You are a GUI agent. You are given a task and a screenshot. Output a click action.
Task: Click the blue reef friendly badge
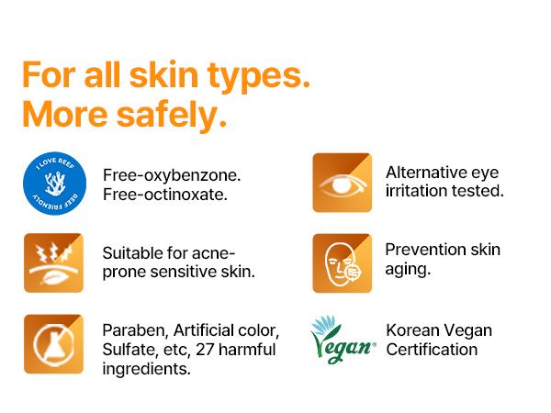tap(52, 184)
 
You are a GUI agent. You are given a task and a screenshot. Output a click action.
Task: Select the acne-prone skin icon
tap(53, 262)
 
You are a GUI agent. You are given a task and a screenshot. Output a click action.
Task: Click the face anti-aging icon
tap(342, 262)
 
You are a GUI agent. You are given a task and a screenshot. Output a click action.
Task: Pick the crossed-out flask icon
tap(53, 343)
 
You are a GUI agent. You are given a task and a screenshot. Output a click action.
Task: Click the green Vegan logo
tap(343, 340)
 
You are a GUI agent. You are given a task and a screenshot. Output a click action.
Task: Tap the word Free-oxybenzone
tap(172, 174)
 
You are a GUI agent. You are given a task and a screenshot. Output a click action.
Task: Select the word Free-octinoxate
tap(165, 194)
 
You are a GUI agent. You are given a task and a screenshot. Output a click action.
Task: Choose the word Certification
tap(432, 350)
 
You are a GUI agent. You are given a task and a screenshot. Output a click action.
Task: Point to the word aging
tap(408, 270)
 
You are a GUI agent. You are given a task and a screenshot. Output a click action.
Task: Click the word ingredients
tap(147, 369)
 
